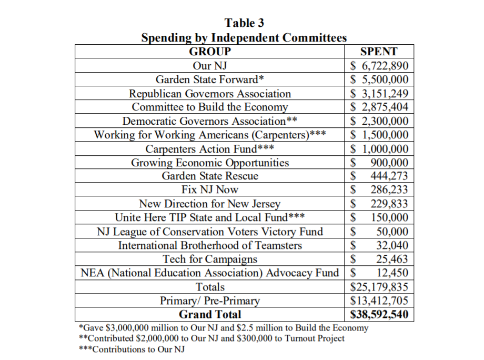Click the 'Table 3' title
tap(244, 23)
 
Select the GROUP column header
tap(210, 52)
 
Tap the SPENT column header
tap(379, 52)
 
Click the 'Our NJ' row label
tap(210, 66)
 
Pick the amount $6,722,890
tap(379, 66)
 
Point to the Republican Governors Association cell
tap(210, 94)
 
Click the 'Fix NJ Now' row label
tap(210, 190)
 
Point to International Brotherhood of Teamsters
tap(210, 245)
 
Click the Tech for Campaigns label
tap(210, 259)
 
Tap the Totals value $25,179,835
tap(379, 287)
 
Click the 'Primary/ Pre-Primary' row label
tap(210, 301)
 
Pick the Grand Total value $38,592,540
tap(379, 315)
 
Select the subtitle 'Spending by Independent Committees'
tap(244, 38)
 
